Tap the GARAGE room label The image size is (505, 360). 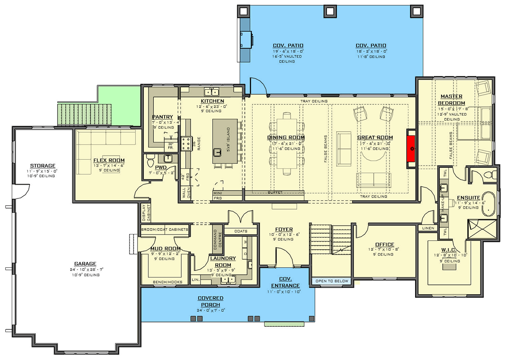pos(85,264)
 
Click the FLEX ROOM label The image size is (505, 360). pos(109,160)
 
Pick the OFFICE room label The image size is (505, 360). pos(384,244)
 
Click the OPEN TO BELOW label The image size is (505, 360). pos(332,281)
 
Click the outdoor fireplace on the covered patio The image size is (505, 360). pos(246,40)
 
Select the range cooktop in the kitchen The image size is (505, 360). pos(186,144)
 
